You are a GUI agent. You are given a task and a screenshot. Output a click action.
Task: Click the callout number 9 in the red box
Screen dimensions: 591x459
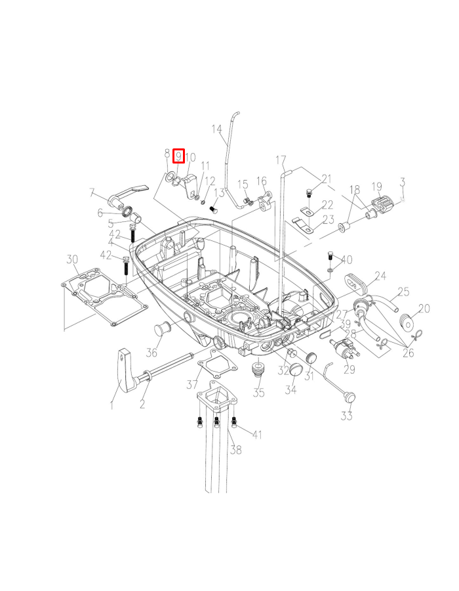(x=178, y=156)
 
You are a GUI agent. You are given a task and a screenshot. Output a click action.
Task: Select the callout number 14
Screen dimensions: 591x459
(x=217, y=129)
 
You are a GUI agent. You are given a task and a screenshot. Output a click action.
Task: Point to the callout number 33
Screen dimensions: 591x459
(x=346, y=416)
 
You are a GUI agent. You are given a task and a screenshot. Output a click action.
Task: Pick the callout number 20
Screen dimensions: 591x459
(x=424, y=308)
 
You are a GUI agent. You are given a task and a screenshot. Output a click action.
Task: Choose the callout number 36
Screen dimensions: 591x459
(x=151, y=352)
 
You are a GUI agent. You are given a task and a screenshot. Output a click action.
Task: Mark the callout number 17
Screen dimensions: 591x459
(x=281, y=160)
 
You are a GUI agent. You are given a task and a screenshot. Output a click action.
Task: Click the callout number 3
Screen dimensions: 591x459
(x=403, y=182)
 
